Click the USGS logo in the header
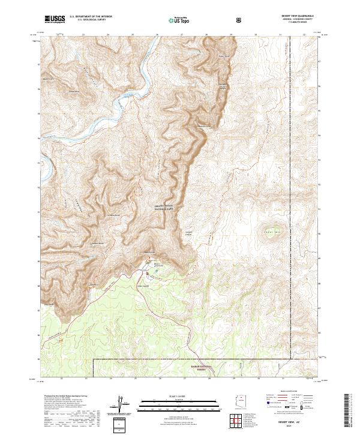55,19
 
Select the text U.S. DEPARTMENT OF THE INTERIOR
90,17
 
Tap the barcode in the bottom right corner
349,412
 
